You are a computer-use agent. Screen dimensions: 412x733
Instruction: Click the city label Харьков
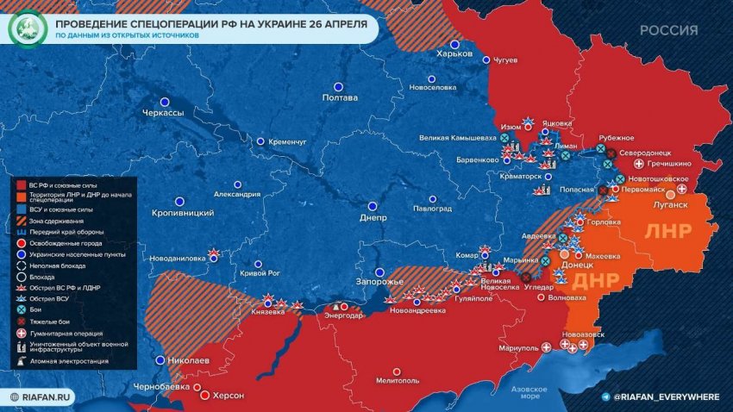point(455,53)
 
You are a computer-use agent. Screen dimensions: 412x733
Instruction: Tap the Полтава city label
point(339,97)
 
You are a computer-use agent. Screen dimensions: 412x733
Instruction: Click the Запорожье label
point(380,283)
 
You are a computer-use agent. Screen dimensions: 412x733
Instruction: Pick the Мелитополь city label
point(398,380)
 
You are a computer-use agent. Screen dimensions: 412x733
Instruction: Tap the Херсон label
point(229,395)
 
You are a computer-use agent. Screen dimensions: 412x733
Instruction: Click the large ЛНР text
point(670,234)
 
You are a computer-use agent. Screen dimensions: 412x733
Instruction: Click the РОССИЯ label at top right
point(669,30)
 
